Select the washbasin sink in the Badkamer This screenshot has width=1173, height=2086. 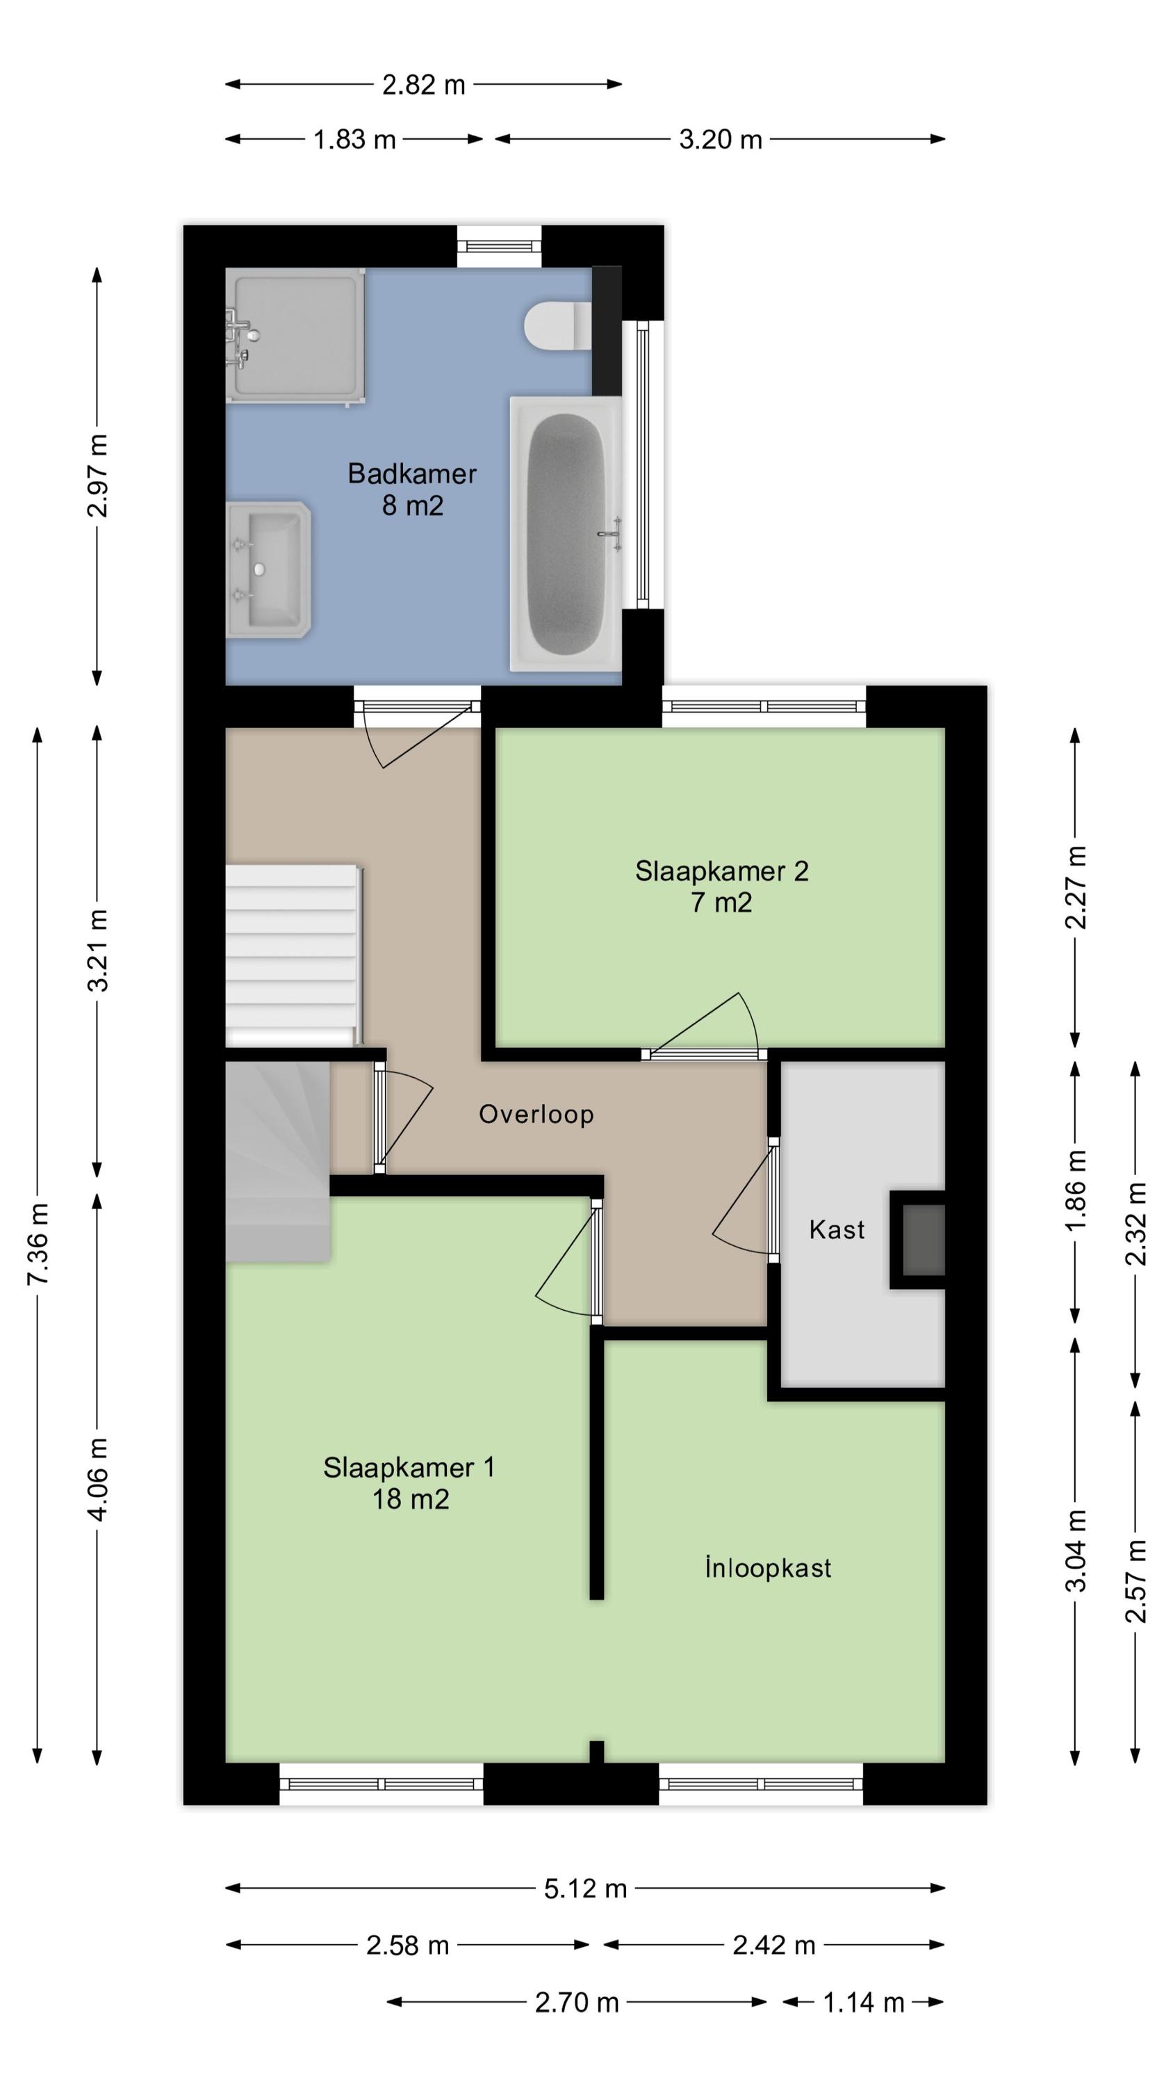tap(268, 569)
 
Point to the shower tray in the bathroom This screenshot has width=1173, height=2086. tap(295, 335)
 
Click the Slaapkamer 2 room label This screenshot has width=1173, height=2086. tap(721, 871)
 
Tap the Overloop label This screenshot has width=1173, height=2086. tap(536, 1114)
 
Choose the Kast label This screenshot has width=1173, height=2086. tap(837, 1230)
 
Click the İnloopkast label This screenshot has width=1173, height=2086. tap(767, 1568)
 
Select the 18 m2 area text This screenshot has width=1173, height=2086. tap(411, 1499)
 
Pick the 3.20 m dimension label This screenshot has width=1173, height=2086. tap(721, 140)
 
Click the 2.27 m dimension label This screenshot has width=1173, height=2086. tap(1076, 887)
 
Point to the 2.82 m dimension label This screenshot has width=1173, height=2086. tap(423, 85)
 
